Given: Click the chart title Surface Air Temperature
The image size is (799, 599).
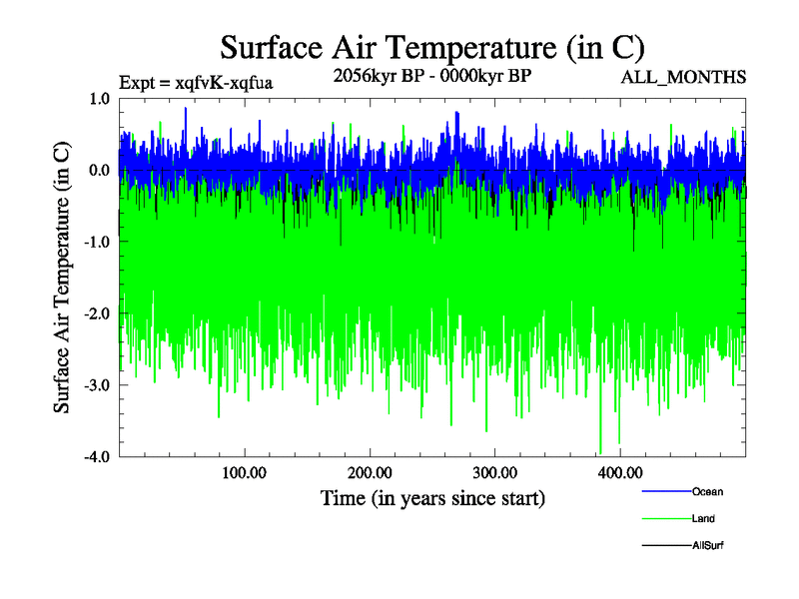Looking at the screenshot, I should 431,47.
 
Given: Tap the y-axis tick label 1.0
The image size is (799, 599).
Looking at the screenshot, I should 99,98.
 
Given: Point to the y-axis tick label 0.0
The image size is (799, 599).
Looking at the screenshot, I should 99,170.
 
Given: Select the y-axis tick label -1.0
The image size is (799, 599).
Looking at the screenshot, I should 97,242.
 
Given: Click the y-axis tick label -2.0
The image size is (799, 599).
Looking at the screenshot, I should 97,313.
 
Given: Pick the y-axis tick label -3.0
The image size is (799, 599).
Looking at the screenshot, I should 97,385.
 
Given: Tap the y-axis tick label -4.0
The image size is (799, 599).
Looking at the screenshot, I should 97,457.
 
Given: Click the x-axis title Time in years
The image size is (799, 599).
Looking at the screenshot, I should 432,497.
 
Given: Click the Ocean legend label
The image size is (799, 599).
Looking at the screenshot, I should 707,491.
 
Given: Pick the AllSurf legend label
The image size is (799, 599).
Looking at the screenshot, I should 708,545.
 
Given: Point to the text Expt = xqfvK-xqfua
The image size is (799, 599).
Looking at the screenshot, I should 195,83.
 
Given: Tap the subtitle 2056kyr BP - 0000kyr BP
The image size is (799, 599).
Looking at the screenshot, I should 431,75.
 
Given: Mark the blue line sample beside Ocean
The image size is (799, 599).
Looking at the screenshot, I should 666,491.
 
